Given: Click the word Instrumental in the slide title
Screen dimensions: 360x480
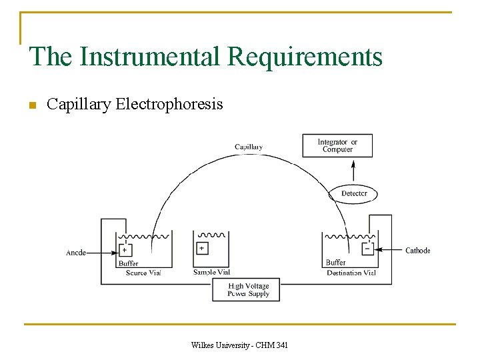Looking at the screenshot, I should [x=151, y=57].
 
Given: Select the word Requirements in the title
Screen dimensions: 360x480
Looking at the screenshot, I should [x=305, y=57].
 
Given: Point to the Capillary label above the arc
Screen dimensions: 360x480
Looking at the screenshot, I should [x=248, y=147].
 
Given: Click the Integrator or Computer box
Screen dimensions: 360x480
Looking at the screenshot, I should [x=337, y=145].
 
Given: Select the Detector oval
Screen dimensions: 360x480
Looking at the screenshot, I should [x=353, y=194].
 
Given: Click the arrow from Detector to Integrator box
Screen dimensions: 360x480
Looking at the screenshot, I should [x=353, y=170].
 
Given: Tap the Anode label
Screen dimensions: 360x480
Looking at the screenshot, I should [x=75, y=253].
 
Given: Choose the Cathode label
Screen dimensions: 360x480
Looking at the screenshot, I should [x=417, y=251].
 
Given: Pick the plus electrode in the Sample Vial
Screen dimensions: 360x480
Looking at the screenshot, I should [x=202, y=248].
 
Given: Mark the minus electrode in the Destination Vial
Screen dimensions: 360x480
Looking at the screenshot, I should [x=367, y=249].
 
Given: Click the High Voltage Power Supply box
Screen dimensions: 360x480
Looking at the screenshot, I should [x=246, y=290].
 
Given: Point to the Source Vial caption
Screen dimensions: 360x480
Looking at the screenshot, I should [x=143, y=273].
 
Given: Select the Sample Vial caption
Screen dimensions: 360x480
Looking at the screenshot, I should [x=211, y=272].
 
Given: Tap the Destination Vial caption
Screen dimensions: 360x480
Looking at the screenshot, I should [x=351, y=273].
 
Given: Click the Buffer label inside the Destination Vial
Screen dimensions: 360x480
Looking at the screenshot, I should [x=336, y=263].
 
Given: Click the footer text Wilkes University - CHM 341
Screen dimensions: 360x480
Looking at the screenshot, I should [x=239, y=345].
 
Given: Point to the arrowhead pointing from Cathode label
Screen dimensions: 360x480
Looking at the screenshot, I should [x=378, y=251].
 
